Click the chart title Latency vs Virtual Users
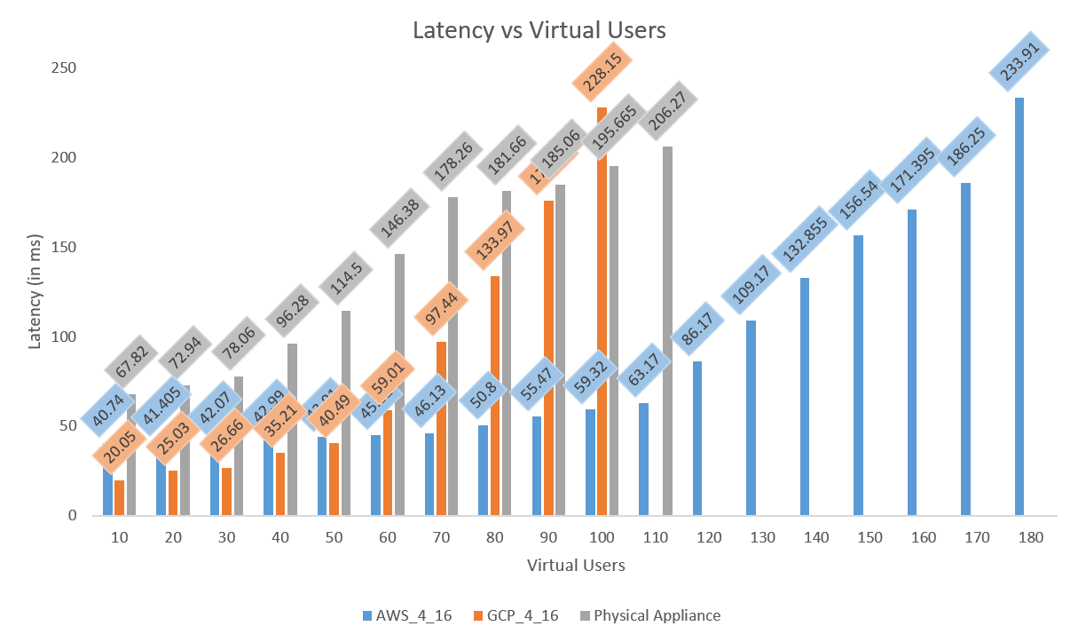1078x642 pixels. [539, 30]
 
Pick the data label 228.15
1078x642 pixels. [602, 72]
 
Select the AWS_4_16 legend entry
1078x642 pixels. [407, 615]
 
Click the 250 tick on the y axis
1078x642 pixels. [66, 68]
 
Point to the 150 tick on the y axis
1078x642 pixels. [66, 247]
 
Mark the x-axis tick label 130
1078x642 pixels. [762, 538]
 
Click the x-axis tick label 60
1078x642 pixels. [388, 538]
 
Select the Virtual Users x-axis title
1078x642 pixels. [575, 566]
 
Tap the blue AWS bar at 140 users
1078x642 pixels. [805, 396]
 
